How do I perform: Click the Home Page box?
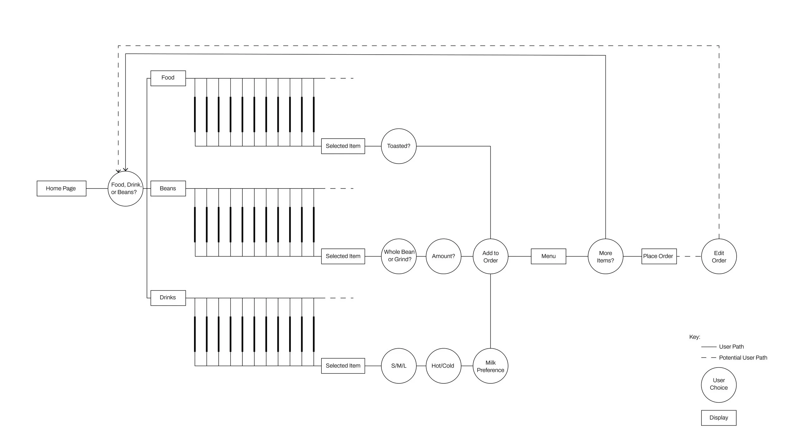click(61, 189)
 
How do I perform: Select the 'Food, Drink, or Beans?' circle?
click(125, 189)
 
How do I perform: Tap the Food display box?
click(168, 78)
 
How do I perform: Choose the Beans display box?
click(168, 189)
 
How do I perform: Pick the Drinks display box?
click(168, 298)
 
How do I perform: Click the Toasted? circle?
click(399, 146)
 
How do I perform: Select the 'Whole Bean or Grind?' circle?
click(399, 256)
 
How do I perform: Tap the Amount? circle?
click(443, 256)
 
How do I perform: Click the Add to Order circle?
click(490, 256)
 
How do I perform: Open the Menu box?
click(548, 256)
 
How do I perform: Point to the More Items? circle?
click(605, 256)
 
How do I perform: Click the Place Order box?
click(659, 256)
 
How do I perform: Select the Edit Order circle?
click(719, 256)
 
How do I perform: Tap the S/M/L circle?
click(399, 366)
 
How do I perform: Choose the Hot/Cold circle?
click(443, 366)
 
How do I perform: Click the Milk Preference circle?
click(490, 366)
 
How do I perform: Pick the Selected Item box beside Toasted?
click(343, 146)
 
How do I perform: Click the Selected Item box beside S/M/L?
click(343, 366)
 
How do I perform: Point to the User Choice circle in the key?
click(719, 385)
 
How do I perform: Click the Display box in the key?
click(719, 418)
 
